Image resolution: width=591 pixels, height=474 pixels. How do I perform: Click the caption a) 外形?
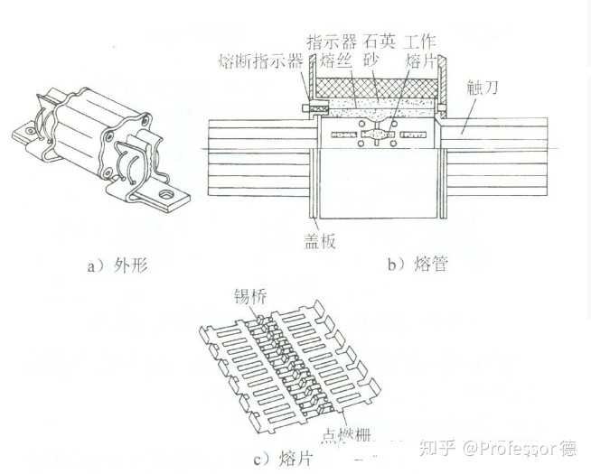[x=116, y=267]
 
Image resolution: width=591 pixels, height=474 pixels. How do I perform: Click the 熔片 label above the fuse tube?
[x=421, y=60]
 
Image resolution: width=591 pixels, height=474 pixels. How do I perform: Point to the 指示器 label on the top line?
[x=330, y=42]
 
